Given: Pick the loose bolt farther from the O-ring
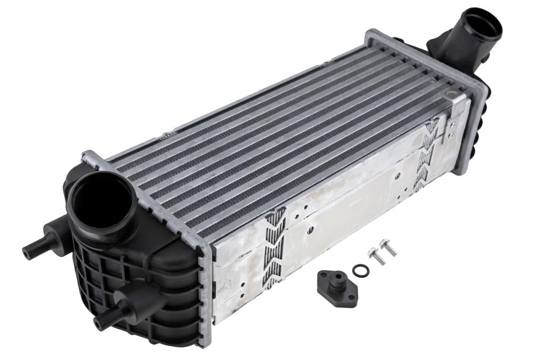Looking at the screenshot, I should click(388, 246).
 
